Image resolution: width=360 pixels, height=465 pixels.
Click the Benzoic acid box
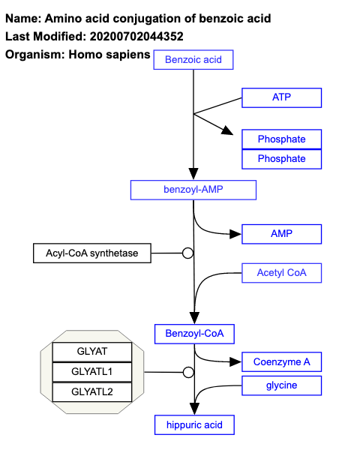coord(193,59)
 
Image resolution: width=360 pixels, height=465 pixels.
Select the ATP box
coord(281,97)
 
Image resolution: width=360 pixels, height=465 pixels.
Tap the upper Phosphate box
coord(281,139)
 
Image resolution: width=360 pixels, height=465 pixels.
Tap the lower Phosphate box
coord(281,159)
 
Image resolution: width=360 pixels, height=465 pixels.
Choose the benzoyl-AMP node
coord(193,190)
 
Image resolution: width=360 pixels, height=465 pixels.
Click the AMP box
coord(281,234)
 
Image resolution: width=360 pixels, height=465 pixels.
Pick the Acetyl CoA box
coord(281,273)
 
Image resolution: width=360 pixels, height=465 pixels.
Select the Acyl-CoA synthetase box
coord(92,253)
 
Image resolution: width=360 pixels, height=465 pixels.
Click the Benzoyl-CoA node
coord(194,333)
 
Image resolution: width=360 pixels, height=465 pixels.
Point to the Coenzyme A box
coord(281,361)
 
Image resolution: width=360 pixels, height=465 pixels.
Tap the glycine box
coord(281,385)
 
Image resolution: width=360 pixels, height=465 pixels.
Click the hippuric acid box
coord(194,425)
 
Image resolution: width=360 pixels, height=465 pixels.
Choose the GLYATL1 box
coord(92,372)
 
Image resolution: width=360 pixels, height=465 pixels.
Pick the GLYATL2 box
coord(92,391)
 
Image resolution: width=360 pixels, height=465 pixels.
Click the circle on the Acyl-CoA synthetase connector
coord(188,253)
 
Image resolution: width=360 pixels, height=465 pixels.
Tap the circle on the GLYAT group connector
coord(188,372)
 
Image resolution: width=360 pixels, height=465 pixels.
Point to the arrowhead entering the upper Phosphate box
coord(227,132)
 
